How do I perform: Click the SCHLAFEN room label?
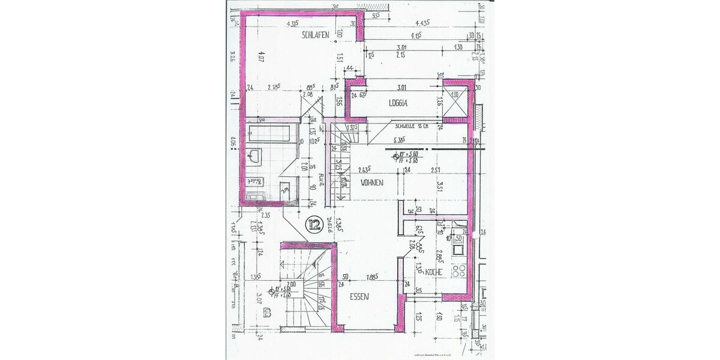coord(314,36)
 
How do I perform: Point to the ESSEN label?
coord(359,296)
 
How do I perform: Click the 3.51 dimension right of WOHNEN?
coord(440,185)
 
